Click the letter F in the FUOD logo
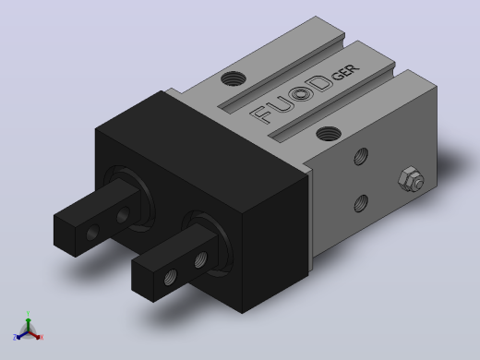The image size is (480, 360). pos(261,114)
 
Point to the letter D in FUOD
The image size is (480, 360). pos(320,84)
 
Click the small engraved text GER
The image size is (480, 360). pos(345,72)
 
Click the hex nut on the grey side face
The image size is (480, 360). pos(411,180)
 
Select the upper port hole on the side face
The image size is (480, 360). pos(361,156)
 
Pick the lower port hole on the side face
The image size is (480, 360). pos(361,203)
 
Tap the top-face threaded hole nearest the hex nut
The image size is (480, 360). pos(329,134)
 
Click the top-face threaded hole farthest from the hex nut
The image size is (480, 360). pos(234,78)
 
